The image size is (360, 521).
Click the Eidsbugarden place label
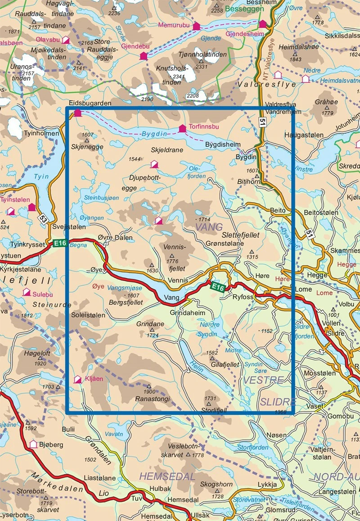pyautogui.click(x=90, y=103)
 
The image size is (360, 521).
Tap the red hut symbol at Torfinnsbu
pyautogui.click(x=182, y=129)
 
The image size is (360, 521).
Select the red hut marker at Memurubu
pyautogui.click(x=196, y=27)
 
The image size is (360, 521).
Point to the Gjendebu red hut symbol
pyautogui.click(x=144, y=56)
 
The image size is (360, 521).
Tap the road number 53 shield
pyautogui.click(x=42, y=219)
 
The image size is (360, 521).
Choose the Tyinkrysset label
pyautogui.click(x=27, y=244)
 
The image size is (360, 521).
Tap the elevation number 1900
pyautogui.click(x=149, y=392)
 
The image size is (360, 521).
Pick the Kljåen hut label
pyautogui.click(x=94, y=379)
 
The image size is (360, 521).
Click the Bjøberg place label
pyautogui.click(x=49, y=444)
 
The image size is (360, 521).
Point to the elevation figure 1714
pyautogui.click(x=204, y=219)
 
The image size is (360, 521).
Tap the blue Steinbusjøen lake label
pyautogui.click(x=101, y=197)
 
